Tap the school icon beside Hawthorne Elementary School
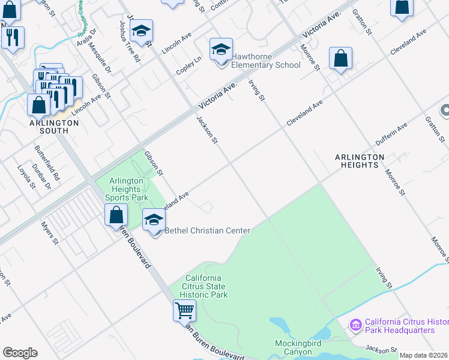[221, 50]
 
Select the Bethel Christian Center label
[207, 230]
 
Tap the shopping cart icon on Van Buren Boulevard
[184, 310]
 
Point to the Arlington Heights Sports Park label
[126, 189]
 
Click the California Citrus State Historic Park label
[203, 286]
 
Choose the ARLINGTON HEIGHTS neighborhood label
[360, 161]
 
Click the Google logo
[20, 353]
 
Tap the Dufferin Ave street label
[391, 134]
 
